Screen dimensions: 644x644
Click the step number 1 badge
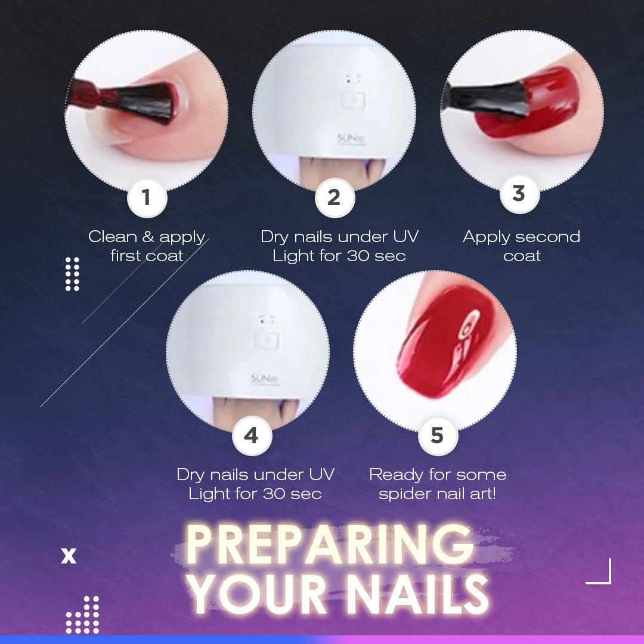pos(147,197)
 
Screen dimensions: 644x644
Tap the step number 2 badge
pos(335,197)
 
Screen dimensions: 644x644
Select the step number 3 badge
pos(519,193)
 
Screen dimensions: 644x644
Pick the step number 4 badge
pos(252,435)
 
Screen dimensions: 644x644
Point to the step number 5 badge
pos(438,435)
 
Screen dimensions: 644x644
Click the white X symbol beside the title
pos(69,555)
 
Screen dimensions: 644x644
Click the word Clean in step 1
pos(113,237)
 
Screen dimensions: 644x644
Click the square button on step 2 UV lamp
pos(353,99)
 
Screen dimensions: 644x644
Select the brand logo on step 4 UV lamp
pos(265,379)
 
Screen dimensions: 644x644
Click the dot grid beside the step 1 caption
pos(72,274)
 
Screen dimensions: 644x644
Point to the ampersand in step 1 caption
pos(148,237)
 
